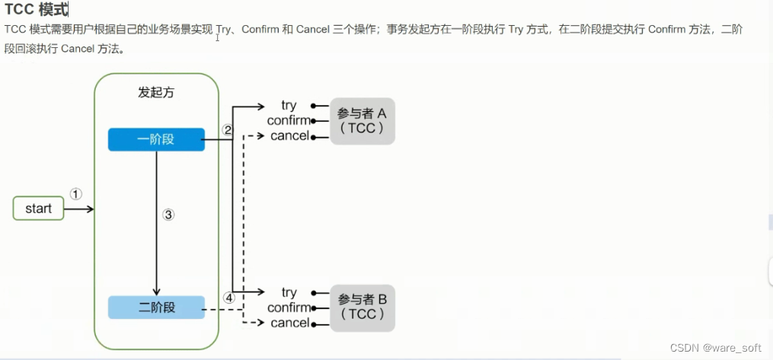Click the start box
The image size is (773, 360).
38,209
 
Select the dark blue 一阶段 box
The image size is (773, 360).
156,140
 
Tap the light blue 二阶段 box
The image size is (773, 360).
156,307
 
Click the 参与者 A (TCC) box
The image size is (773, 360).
362,121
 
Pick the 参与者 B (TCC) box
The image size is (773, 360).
362,307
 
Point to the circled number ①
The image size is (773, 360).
75,194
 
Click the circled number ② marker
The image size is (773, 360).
227,130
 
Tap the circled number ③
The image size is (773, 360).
169,215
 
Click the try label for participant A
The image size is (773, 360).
289,105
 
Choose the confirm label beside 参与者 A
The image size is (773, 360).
289,120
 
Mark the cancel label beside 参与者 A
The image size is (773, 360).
289,135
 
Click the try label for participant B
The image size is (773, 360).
289,292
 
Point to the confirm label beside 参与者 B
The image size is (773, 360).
289,307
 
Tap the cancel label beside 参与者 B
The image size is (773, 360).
289,323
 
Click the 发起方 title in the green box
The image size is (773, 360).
156,92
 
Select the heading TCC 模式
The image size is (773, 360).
36,10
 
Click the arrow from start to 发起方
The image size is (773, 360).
79,209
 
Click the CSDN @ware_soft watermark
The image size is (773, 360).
715,347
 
